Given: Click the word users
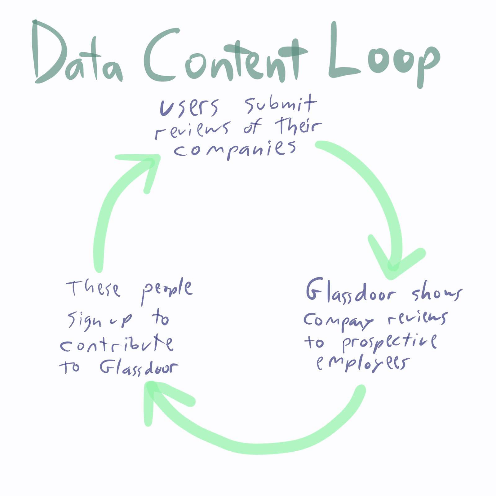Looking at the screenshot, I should tap(189, 107).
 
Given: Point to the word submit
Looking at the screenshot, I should tap(281, 104).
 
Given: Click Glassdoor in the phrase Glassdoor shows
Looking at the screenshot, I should tap(350, 291).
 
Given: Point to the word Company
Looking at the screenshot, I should tap(338, 321).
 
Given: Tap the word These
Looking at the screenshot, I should tap(93, 288).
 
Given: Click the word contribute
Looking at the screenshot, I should tap(116, 344).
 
